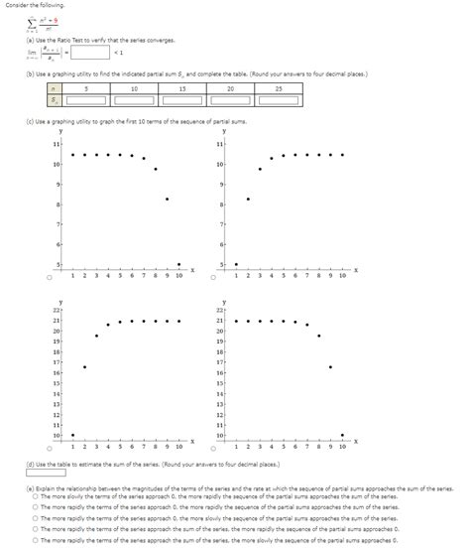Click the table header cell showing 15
tap(181, 86)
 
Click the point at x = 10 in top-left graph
tap(178, 264)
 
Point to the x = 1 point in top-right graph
tap(236, 264)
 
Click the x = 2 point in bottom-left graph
tap(84, 366)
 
